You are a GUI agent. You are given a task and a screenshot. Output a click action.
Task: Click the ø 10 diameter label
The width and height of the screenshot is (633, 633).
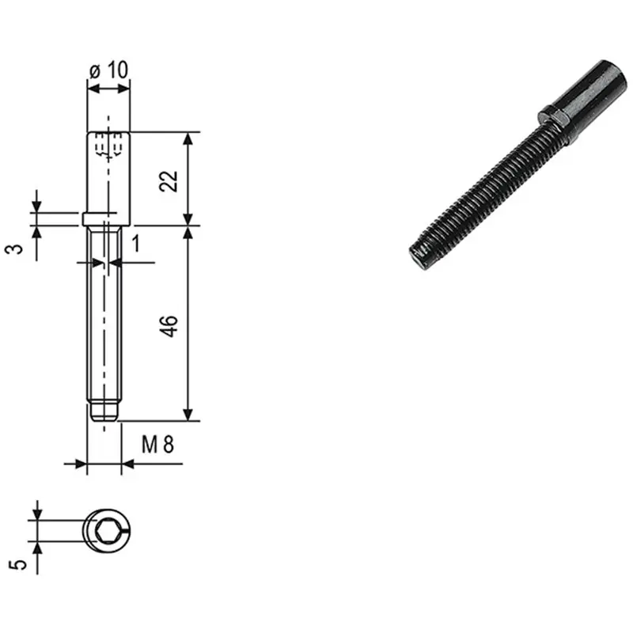pyautogui.click(x=108, y=70)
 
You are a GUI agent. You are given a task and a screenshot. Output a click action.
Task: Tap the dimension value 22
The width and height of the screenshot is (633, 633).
pyautogui.click(x=169, y=181)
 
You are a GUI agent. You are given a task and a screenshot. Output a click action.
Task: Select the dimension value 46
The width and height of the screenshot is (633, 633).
pyautogui.click(x=169, y=326)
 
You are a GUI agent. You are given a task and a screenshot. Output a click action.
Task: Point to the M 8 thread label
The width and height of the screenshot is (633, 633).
pyautogui.click(x=157, y=445)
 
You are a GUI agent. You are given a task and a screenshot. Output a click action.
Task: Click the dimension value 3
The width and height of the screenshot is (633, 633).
pyautogui.click(x=14, y=248)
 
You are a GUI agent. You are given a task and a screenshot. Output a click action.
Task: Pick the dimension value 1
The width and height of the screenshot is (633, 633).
pyautogui.click(x=136, y=244)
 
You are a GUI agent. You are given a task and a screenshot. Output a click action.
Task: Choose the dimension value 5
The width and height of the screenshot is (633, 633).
pyautogui.click(x=18, y=564)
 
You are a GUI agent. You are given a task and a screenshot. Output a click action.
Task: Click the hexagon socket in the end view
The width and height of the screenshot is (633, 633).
pyautogui.click(x=107, y=530)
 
